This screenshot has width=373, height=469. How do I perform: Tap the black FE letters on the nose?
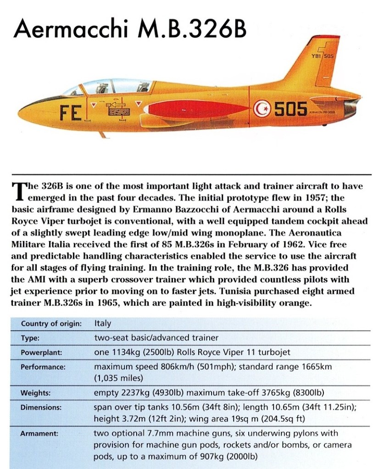[x=71, y=111]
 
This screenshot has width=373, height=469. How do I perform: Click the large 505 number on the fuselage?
[x=290, y=109]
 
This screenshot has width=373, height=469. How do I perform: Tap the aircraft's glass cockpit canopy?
[x=110, y=87]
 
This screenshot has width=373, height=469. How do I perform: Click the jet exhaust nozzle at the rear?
[x=352, y=108]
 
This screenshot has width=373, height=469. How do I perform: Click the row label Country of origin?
[x=51, y=324]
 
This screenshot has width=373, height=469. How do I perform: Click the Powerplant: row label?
[x=42, y=353]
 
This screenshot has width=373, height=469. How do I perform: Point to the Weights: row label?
[x=36, y=393]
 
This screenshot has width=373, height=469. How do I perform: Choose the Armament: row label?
[x=39, y=433]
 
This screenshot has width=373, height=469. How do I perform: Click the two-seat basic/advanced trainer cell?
[x=156, y=338]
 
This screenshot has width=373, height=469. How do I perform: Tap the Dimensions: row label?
[x=41, y=407]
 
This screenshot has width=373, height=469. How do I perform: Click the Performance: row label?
[x=43, y=367]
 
